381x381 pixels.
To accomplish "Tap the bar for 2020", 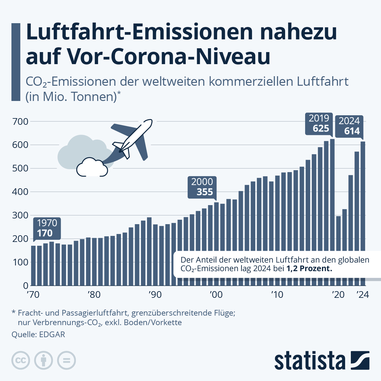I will (x=338, y=251).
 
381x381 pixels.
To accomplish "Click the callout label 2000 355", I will (x=202, y=187).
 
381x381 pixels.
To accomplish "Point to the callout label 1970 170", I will (x=47, y=228).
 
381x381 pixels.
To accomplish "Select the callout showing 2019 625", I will (x=319, y=124).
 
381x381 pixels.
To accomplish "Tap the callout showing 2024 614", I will (x=349, y=126).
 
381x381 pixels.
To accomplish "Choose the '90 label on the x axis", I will (x=155, y=295).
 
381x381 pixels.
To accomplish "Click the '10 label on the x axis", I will (x=277, y=295).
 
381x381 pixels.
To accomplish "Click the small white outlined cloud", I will (x=92, y=167).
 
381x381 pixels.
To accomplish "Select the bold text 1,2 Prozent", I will (x=309, y=269).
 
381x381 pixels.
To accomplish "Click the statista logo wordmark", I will (x=310, y=361).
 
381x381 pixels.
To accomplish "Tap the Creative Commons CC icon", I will (x=21, y=360).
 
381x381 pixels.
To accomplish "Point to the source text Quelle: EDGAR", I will (x=38, y=334).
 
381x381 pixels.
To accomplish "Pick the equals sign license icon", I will (x=66, y=360).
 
